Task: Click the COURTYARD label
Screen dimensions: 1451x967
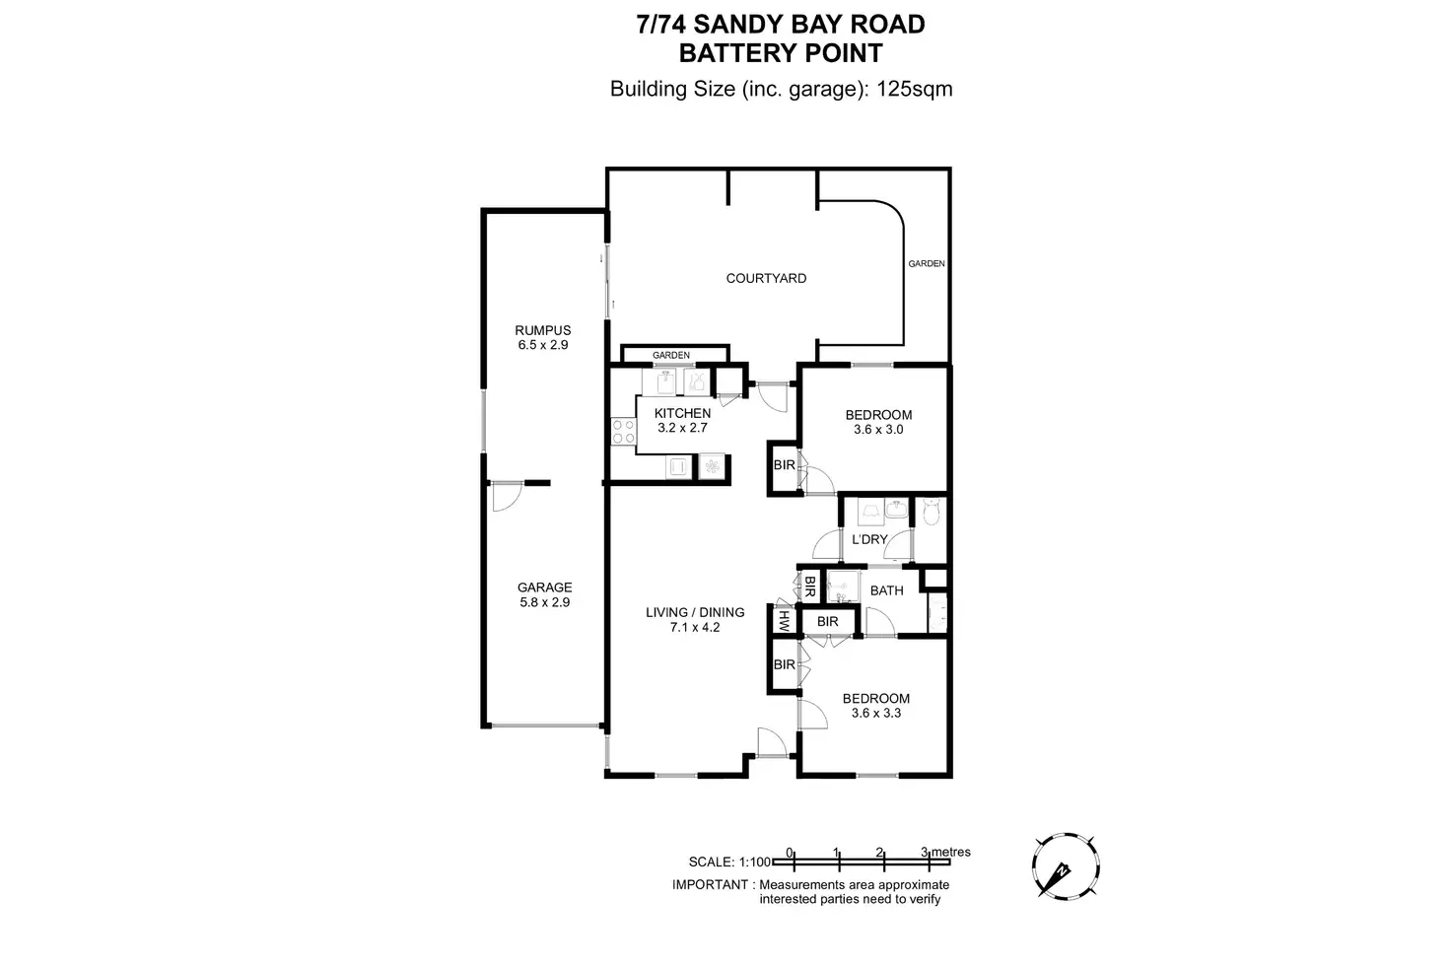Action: pyautogui.click(x=766, y=278)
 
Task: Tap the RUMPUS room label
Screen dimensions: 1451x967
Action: pyautogui.click(x=542, y=330)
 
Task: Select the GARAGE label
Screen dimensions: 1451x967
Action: pyautogui.click(x=544, y=587)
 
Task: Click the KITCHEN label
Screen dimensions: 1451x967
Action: pyautogui.click(x=682, y=413)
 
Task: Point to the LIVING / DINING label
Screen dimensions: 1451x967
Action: pyautogui.click(x=695, y=612)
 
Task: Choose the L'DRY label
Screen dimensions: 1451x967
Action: pyautogui.click(x=869, y=539)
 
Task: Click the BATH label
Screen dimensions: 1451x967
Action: pyautogui.click(x=886, y=590)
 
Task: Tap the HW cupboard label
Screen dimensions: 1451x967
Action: pyautogui.click(x=785, y=621)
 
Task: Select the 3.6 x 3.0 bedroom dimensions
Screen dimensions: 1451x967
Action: pyautogui.click(x=878, y=430)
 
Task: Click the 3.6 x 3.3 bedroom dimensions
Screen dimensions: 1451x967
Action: pyautogui.click(x=875, y=713)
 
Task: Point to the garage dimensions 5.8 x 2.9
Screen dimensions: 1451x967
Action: pyautogui.click(x=544, y=602)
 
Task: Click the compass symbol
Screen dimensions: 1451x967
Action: pyautogui.click(x=1066, y=867)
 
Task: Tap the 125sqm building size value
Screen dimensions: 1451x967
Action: pyautogui.click(x=915, y=89)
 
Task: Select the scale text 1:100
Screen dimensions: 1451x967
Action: pyautogui.click(x=755, y=862)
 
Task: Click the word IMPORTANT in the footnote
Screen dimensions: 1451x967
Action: pyautogui.click(x=710, y=884)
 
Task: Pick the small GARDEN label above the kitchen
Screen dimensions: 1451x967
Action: pyautogui.click(x=670, y=355)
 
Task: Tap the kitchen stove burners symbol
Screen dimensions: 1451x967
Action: pyautogui.click(x=623, y=431)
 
